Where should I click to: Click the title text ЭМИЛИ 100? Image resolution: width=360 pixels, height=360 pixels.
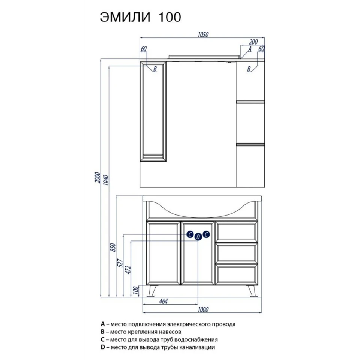click(140, 17)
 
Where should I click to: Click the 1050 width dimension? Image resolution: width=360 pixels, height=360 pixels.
click(203, 34)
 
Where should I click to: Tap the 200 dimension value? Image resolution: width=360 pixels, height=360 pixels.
click(253, 42)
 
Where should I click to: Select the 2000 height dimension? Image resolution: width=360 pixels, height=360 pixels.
click(98, 177)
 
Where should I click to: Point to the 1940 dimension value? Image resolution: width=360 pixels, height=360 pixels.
click(106, 180)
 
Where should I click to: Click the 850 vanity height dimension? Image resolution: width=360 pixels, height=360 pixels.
click(113, 247)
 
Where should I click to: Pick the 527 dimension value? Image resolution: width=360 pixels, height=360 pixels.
click(120, 262)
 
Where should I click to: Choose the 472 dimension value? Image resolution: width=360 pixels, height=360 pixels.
click(128, 270)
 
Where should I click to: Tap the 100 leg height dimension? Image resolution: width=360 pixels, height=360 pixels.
click(136, 290)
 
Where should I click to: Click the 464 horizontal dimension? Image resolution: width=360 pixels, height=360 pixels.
click(163, 301)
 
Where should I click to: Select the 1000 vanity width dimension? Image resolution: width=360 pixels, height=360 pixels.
click(203, 309)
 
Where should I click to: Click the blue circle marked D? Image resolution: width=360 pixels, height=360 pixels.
click(198, 237)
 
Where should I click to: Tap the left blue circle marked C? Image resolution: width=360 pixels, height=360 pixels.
click(190, 234)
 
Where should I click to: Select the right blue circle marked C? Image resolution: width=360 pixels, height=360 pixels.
click(206, 234)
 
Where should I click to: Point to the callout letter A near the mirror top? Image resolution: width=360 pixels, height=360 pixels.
click(250, 49)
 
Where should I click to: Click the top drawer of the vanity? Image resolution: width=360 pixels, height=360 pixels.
click(237, 232)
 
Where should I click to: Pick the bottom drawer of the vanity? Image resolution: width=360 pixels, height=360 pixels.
click(237, 274)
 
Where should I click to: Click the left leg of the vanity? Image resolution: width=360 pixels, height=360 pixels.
click(151, 291)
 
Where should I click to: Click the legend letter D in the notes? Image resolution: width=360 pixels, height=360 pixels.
click(103, 347)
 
